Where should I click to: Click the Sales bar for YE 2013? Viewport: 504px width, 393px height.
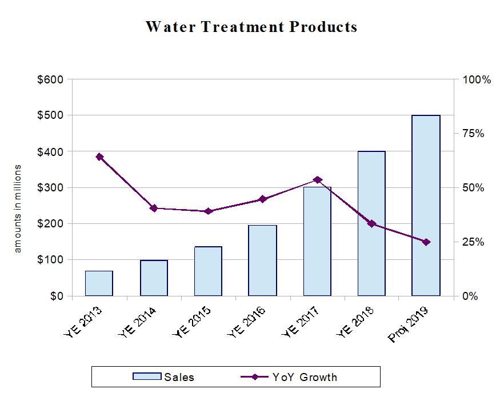tap(99, 283)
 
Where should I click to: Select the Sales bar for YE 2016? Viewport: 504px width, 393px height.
tap(262, 260)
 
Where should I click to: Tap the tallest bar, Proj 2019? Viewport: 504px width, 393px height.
tap(426, 206)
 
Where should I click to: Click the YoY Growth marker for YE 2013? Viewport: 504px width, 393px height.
tap(99, 157)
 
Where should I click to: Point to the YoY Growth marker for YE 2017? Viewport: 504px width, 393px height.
tap(317, 180)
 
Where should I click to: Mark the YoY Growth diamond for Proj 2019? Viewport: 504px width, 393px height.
tap(426, 242)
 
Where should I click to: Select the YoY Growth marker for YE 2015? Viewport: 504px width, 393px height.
tap(209, 211)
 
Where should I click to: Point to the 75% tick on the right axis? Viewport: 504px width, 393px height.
tap(473, 134)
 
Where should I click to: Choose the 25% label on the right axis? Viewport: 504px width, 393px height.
tap(473, 242)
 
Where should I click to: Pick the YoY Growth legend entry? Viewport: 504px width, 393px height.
tap(304, 377)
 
